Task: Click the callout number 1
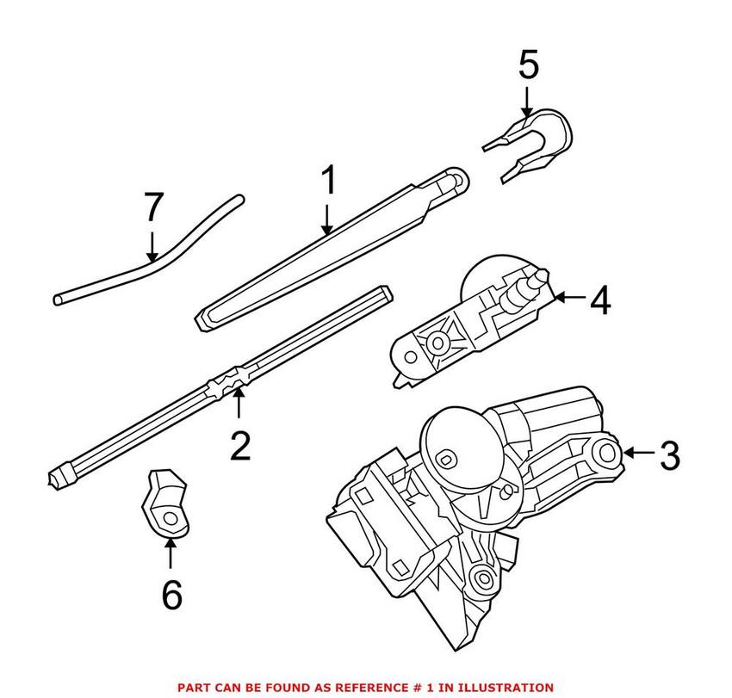click(327, 183)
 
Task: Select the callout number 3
click(669, 454)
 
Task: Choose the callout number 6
click(171, 595)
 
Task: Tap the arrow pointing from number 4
click(568, 299)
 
